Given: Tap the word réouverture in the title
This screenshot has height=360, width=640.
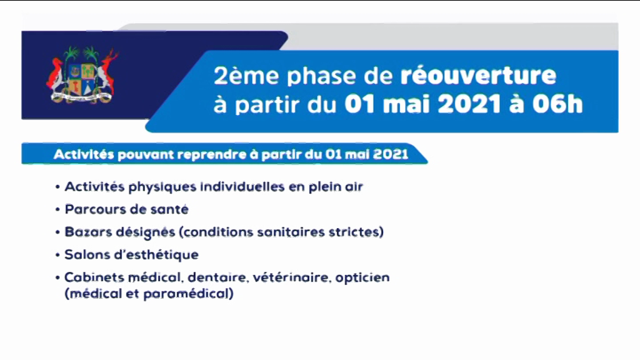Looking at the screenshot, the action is point(478,76).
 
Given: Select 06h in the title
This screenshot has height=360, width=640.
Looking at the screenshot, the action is point(557,104).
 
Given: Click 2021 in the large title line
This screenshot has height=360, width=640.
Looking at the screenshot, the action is point(469,104).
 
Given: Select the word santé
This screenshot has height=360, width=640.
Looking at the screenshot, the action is point(169,209).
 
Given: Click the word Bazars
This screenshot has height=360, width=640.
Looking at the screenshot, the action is point(88,232).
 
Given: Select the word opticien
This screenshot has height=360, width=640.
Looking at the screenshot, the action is point(362,278).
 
